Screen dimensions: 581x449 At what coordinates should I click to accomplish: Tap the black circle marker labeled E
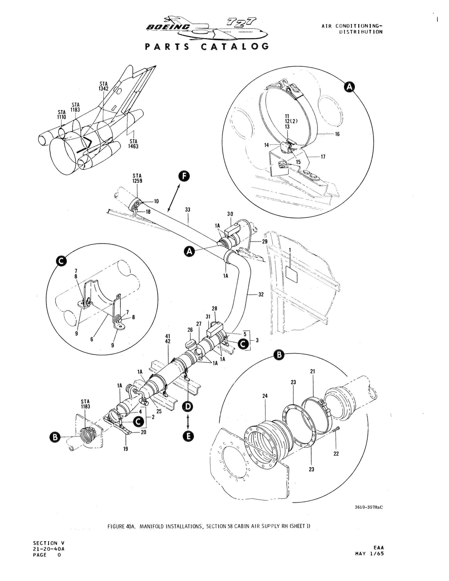coord(188,435)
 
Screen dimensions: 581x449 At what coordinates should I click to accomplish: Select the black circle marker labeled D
coord(188,407)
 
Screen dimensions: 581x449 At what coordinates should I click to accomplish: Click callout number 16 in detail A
coord(337,134)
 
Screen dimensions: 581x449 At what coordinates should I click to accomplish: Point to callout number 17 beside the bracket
coord(322,156)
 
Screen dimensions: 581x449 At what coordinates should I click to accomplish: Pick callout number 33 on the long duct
coord(188,210)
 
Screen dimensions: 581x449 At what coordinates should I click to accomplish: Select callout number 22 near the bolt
coord(336,454)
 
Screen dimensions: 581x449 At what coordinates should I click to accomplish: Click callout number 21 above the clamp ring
coord(312,371)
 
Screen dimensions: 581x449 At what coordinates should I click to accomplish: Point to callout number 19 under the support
coord(125,448)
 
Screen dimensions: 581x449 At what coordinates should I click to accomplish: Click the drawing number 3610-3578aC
coord(365,507)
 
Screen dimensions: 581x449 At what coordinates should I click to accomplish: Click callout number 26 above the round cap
coord(190,330)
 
